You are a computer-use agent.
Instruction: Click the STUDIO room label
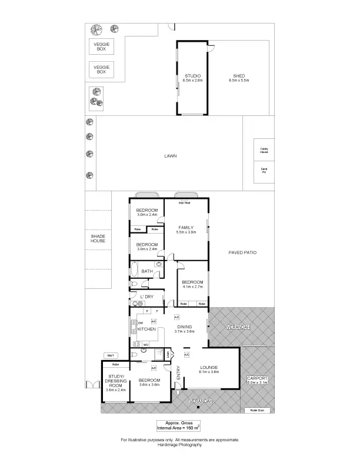coord(193,76)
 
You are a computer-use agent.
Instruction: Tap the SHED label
coord(239,76)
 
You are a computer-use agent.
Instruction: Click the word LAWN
coord(171,156)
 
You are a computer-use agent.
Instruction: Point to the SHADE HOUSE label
coord(98,238)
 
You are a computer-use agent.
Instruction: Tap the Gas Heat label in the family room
coord(185,203)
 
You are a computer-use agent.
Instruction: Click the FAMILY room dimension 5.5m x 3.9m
coord(185,232)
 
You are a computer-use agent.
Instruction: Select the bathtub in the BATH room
coord(134,272)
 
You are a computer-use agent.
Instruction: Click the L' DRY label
coord(146,297)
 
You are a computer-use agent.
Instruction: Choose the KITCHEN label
coord(146,329)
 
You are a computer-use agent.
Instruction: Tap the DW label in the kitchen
coord(141,322)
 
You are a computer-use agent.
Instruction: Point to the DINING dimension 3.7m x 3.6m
coord(184,332)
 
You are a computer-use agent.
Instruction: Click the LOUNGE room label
coord(209,367)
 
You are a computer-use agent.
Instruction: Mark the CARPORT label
coord(256,378)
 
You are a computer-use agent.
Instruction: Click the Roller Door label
coord(256,410)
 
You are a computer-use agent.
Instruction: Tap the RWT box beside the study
coord(110,355)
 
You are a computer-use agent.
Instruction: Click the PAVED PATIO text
coord(242,252)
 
